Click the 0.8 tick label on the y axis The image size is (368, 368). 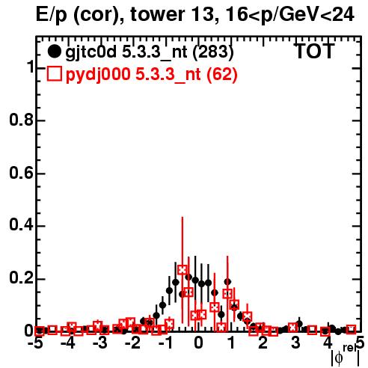[x=21, y=120]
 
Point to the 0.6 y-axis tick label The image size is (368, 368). [x=21, y=174]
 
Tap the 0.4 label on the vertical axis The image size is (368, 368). [x=21, y=226]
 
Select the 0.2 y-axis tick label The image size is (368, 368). [x=21, y=278]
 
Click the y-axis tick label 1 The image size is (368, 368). [x=31, y=67]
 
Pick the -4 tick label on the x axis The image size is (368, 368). [x=68, y=343]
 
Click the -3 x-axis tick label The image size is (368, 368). [x=100, y=343]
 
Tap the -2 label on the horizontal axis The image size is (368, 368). [x=132, y=343]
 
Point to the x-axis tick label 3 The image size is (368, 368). [x=295, y=343]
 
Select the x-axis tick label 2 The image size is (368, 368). [x=263, y=343]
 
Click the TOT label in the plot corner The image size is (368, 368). [x=315, y=51]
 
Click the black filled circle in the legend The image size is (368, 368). [x=54, y=52]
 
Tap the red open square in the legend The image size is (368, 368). [x=55, y=74]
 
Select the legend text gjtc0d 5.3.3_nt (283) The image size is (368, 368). [x=150, y=52]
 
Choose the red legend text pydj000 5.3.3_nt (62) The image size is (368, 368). [x=152, y=75]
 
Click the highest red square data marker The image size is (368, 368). [x=183, y=270]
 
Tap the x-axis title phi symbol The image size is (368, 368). [x=339, y=358]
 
